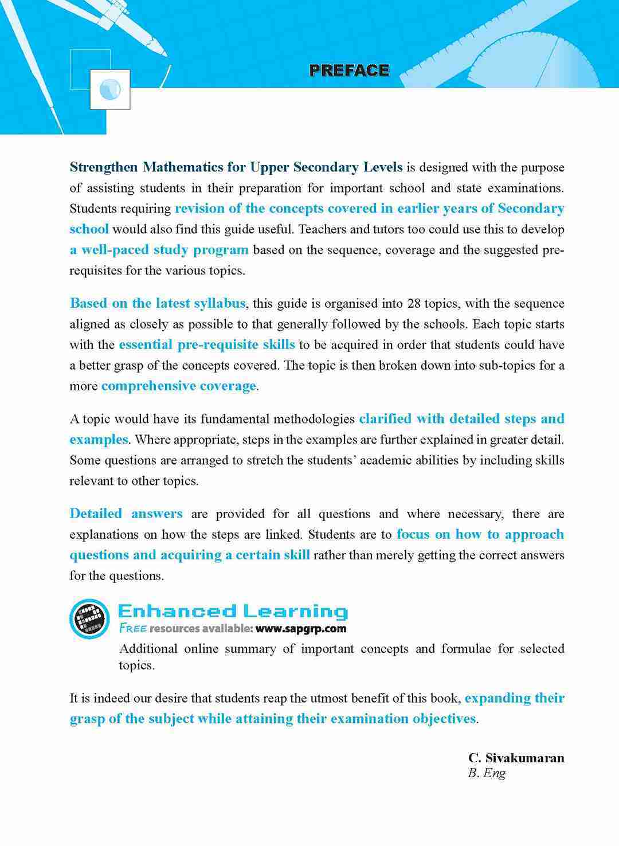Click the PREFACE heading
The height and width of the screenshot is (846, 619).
click(x=349, y=70)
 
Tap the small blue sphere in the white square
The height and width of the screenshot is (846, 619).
click(x=109, y=89)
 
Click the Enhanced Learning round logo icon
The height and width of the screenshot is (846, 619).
click(x=89, y=619)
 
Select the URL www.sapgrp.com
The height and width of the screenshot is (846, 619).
click(x=301, y=628)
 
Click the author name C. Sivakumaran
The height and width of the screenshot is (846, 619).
click(x=516, y=758)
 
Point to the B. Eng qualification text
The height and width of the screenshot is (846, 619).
click(x=487, y=773)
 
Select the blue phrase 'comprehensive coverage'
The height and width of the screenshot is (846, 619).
click(x=178, y=386)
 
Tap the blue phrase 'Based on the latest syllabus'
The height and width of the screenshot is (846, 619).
click(x=158, y=303)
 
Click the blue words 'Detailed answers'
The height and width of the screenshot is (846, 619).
click(x=126, y=514)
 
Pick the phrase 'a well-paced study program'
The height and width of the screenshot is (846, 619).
click(x=159, y=250)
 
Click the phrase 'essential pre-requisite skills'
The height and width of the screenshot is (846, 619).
click(x=207, y=345)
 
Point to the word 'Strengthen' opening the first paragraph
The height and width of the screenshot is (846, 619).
click(x=104, y=167)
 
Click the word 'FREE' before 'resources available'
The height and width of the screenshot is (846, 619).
click(x=132, y=628)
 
